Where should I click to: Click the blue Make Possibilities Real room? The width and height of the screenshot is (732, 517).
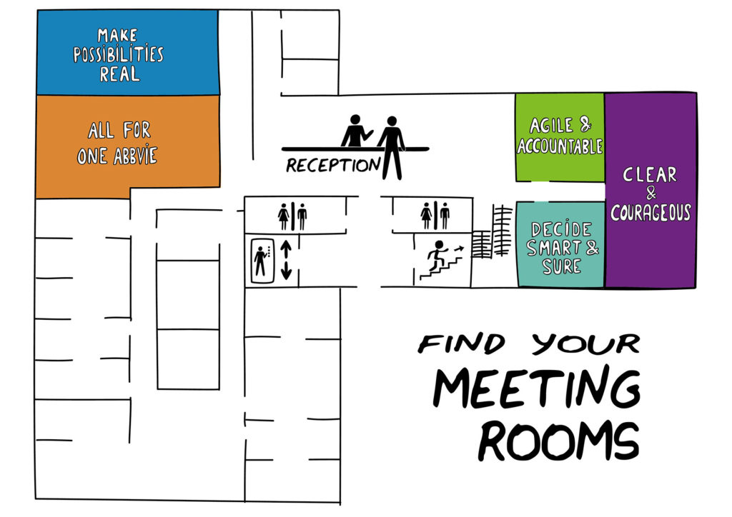pos(127,52)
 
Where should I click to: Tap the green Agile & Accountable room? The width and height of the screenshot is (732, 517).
pos(560,137)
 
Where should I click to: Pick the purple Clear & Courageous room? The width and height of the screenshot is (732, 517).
pos(651,190)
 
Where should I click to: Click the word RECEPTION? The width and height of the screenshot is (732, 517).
pos(333,165)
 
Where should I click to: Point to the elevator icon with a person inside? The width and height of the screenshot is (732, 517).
pos(262,261)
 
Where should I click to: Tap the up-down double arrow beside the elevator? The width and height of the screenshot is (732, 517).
pos(286,261)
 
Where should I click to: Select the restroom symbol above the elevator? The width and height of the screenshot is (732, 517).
pos(292,216)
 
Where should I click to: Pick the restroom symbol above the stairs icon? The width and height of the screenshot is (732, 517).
pos(435,216)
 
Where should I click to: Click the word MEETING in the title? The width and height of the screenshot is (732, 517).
pos(537,388)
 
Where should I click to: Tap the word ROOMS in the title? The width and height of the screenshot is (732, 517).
pos(559,441)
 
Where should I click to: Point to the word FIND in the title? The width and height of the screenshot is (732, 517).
pos(461,343)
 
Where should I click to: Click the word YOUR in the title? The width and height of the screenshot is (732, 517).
pos(586,344)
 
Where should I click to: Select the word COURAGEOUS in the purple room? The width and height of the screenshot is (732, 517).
pos(651,213)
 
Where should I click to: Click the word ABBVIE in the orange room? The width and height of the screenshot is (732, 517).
pos(135,156)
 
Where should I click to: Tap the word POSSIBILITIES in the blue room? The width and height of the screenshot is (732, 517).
pos(119,54)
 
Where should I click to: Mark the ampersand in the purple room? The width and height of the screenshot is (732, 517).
pos(651,193)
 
